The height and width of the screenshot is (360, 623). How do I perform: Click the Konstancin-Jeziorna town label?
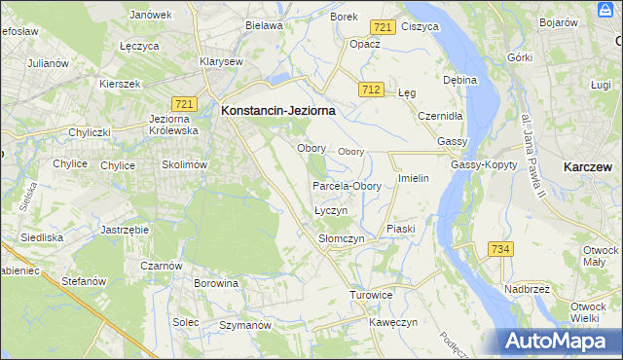(x=278, y=111)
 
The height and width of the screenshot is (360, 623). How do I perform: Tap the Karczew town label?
(x=588, y=167)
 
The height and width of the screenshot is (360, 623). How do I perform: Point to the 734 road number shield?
(x=500, y=250)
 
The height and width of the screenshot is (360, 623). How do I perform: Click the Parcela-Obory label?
(x=347, y=186)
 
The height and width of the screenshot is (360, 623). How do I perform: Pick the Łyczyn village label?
(x=331, y=210)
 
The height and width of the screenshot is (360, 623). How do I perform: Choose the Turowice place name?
(x=371, y=294)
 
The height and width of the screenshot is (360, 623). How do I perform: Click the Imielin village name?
(x=414, y=180)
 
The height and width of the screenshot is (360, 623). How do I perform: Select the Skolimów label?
(x=185, y=164)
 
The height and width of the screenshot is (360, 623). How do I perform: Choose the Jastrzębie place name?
(x=124, y=230)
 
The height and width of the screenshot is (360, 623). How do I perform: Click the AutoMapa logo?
(x=559, y=341)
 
